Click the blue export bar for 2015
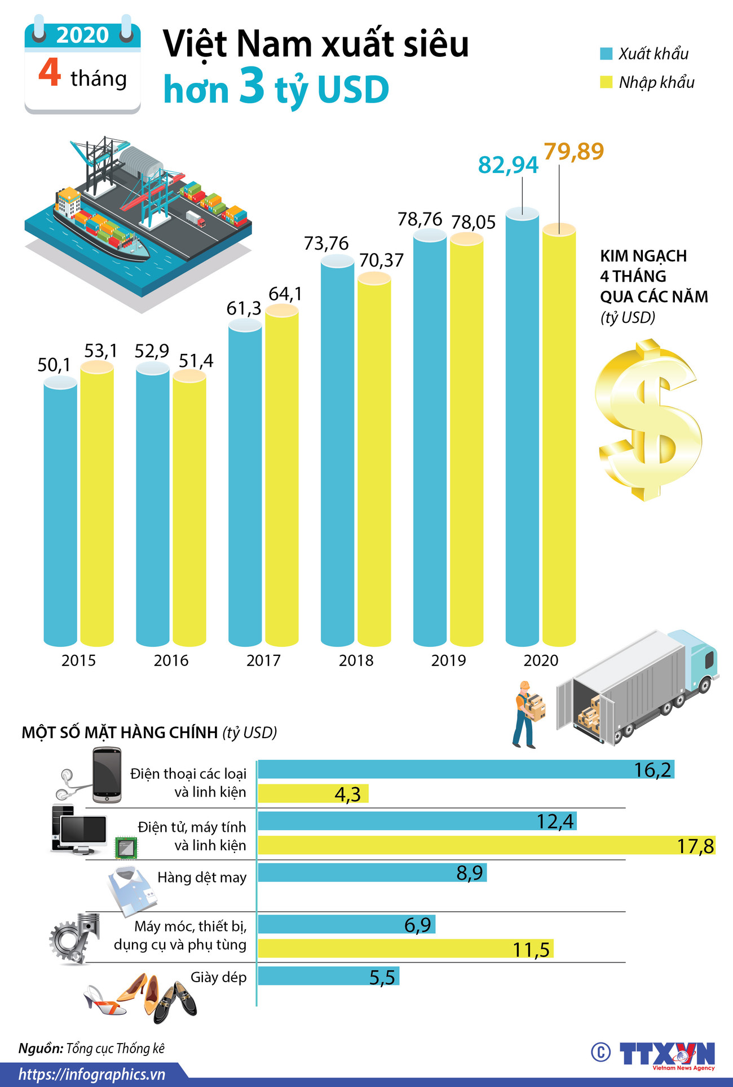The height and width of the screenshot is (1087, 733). pyautogui.click(x=60, y=513)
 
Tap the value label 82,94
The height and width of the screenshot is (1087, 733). pyautogui.click(x=508, y=165)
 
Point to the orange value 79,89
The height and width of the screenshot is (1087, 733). pyautogui.click(x=573, y=151)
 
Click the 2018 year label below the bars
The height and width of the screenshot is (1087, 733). pyautogui.click(x=356, y=660)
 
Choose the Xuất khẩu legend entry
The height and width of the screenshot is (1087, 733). pyautogui.click(x=645, y=54)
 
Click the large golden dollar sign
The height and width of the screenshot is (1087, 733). pyautogui.click(x=648, y=420)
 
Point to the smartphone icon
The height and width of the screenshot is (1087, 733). pyautogui.click(x=107, y=775)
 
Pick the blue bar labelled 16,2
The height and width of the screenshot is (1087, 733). pyautogui.click(x=466, y=770)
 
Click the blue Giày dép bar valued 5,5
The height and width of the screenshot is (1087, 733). pyautogui.click(x=329, y=977)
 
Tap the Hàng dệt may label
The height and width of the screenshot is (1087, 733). pyautogui.click(x=202, y=877)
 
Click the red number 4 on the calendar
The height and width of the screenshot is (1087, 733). pyautogui.click(x=50, y=73)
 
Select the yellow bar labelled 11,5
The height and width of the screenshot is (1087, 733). pyautogui.click(x=405, y=949)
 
